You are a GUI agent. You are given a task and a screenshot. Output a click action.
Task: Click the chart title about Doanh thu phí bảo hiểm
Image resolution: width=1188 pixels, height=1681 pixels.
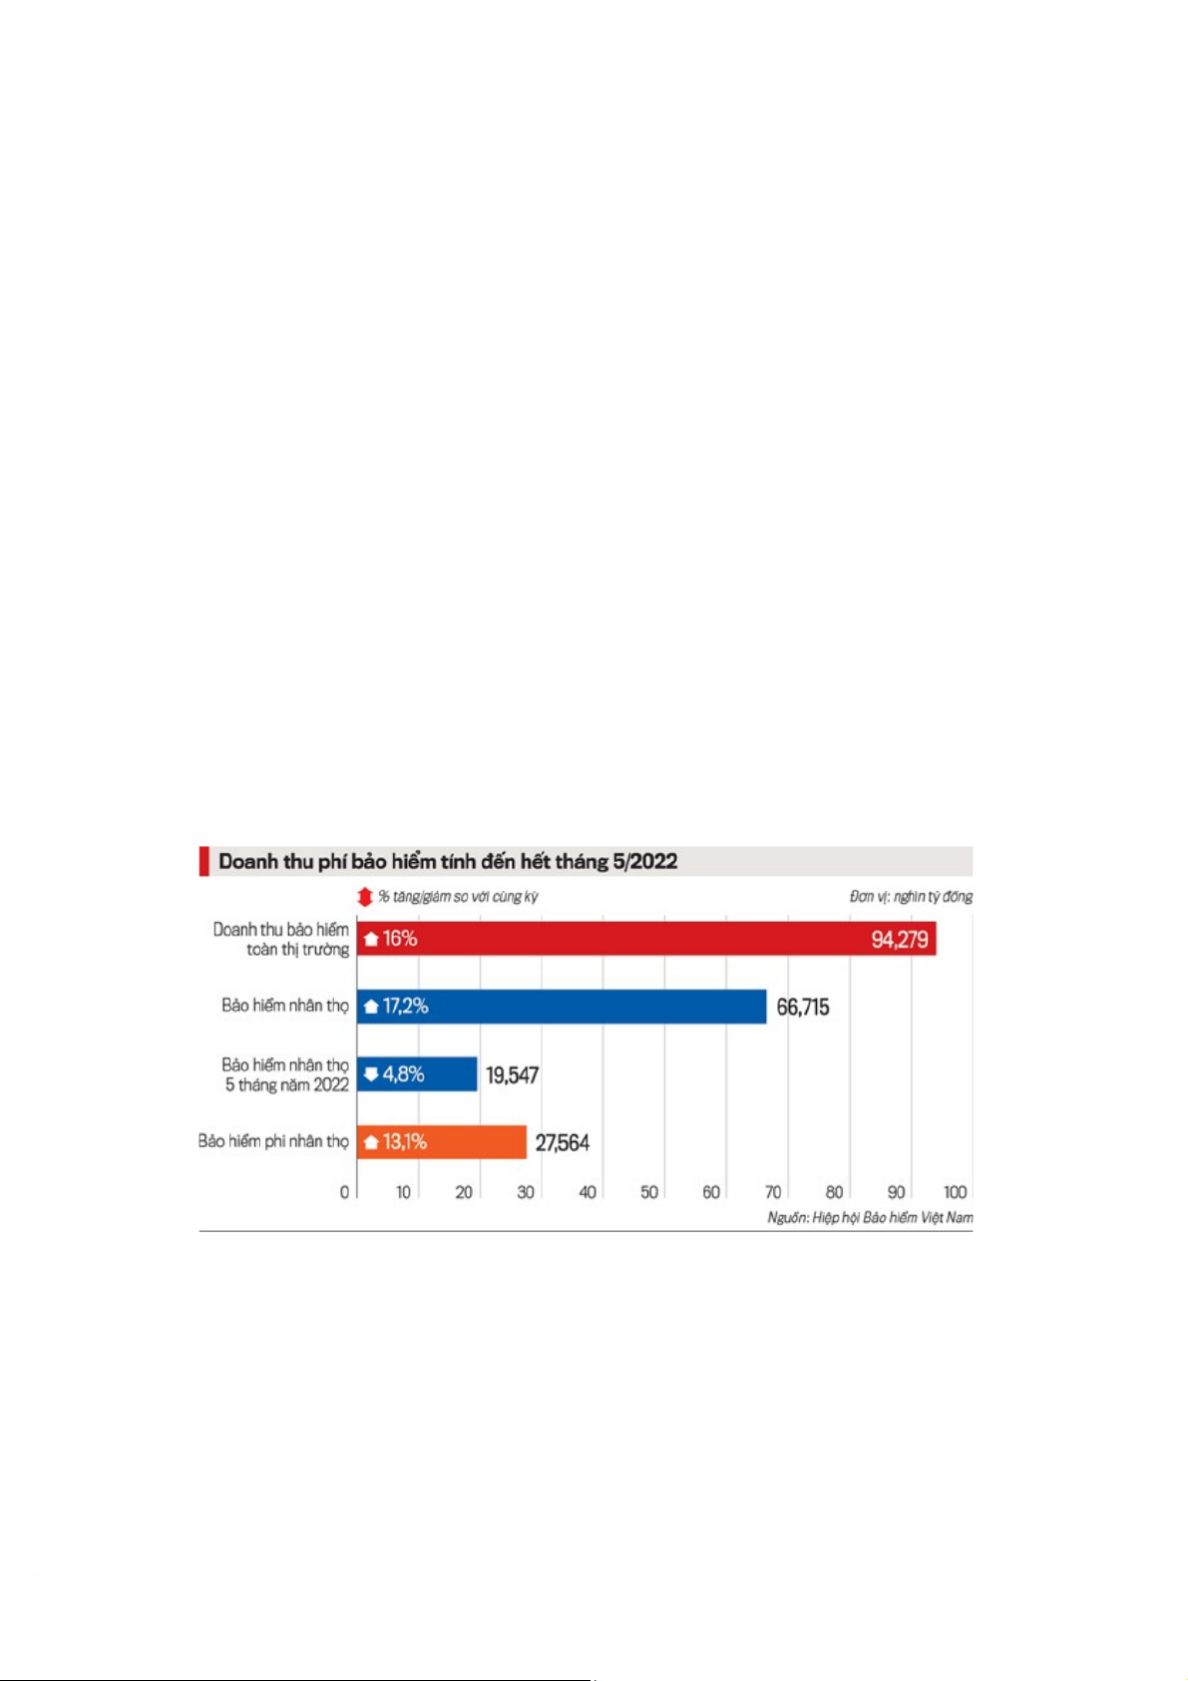pos(448,862)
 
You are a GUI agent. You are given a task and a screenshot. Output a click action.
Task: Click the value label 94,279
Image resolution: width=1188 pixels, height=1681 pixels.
pos(899,940)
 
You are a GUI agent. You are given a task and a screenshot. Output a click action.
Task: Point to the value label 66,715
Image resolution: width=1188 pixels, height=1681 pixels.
pos(803,1008)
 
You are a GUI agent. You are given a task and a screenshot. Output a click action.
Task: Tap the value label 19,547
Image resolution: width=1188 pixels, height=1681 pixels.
pos(512,1075)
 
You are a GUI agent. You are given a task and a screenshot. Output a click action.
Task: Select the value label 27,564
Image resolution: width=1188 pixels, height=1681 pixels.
pos(562,1143)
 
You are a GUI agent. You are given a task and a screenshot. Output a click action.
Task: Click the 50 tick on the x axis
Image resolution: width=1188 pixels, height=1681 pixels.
pos(649,1192)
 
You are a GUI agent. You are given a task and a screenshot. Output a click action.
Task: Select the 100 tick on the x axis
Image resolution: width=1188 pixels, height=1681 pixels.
pos(955,1192)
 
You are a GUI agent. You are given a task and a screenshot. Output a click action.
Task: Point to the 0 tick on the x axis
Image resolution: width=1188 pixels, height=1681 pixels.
pos(345,1192)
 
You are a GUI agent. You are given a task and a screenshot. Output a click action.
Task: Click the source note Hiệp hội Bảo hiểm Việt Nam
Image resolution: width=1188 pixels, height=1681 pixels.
pos(870,1218)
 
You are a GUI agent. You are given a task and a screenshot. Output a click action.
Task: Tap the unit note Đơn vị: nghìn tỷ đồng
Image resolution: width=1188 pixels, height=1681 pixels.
pos(911,897)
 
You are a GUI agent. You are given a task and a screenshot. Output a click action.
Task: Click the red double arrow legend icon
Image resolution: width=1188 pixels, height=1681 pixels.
pos(365,897)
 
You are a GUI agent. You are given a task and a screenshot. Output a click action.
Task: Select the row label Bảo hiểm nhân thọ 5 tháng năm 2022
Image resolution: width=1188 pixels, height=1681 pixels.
pos(285,1075)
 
